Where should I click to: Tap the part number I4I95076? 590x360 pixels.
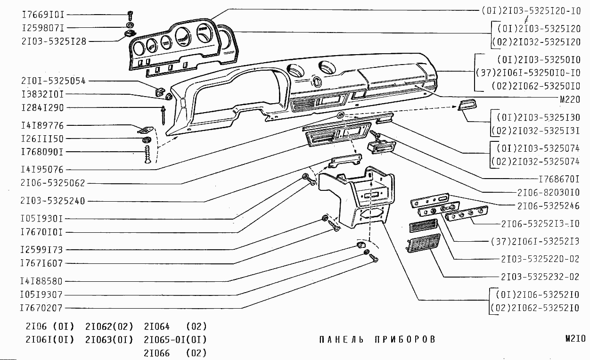[x=42, y=169]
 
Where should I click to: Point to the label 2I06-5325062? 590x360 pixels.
[x=53, y=183]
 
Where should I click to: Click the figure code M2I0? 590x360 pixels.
[x=575, y=338]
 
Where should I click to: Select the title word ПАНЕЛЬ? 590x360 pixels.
[x=341, y=339]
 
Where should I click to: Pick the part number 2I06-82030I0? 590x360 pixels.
[x=548, y=192]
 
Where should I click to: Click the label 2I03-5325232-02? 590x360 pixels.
[x=540, y=277]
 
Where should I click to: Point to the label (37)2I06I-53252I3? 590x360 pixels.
[x=535, y=241]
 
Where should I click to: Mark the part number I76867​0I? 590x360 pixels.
[x=559, y=179]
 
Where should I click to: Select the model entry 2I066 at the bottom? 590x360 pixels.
[x=157, y=353]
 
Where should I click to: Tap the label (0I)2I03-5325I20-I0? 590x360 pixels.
[x=531, y=9]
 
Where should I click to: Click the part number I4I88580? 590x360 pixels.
[x=41, y=281]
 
